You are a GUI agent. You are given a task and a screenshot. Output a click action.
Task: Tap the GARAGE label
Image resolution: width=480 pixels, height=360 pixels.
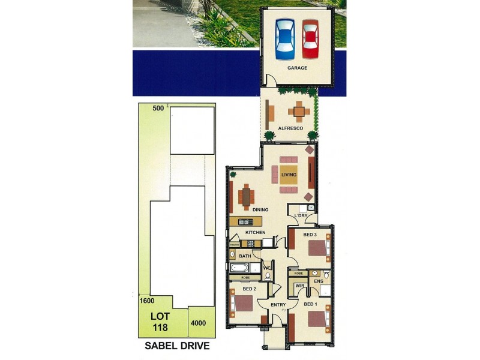pos(297,68)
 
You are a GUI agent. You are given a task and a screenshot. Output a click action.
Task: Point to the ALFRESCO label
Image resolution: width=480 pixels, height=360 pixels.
pos(290,128)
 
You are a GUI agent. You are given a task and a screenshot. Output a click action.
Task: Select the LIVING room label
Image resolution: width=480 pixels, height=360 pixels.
pos(289,175)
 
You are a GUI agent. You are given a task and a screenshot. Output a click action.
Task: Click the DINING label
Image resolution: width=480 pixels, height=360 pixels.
pos(260,210)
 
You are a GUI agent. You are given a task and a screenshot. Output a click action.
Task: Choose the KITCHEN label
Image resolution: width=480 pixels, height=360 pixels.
pos(255,232)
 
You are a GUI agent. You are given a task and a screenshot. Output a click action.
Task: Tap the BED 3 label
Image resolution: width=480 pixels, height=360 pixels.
pos(310,234)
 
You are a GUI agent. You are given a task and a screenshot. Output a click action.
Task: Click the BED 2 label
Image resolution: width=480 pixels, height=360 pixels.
pos(250,289)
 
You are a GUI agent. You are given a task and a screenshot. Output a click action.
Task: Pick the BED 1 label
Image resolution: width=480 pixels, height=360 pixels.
pos(310,304)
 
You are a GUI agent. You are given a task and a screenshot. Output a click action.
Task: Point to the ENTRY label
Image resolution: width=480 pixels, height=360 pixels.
pos(278,305)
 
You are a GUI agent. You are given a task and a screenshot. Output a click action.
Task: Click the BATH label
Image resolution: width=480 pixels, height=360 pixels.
pos(245,256)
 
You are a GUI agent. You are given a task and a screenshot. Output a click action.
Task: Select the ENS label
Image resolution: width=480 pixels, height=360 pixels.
pos(319,281)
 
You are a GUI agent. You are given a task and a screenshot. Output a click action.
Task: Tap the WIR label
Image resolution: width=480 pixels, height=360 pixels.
pos(299,286)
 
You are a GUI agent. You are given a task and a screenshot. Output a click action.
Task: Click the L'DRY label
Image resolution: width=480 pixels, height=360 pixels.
pos(300,215)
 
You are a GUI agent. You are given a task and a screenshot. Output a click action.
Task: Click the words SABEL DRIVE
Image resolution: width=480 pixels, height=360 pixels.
pos(178,346)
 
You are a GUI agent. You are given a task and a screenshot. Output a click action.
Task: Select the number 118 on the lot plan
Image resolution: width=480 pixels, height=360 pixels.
pos(159,328)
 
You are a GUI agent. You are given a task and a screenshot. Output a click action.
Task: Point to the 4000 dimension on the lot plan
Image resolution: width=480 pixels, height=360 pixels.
pos(198,323)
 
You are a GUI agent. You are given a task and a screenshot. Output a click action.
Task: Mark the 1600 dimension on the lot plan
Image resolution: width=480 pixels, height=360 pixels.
pos(146,301)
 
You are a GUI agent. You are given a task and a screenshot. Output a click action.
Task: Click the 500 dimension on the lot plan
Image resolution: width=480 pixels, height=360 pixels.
pos(158,108)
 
